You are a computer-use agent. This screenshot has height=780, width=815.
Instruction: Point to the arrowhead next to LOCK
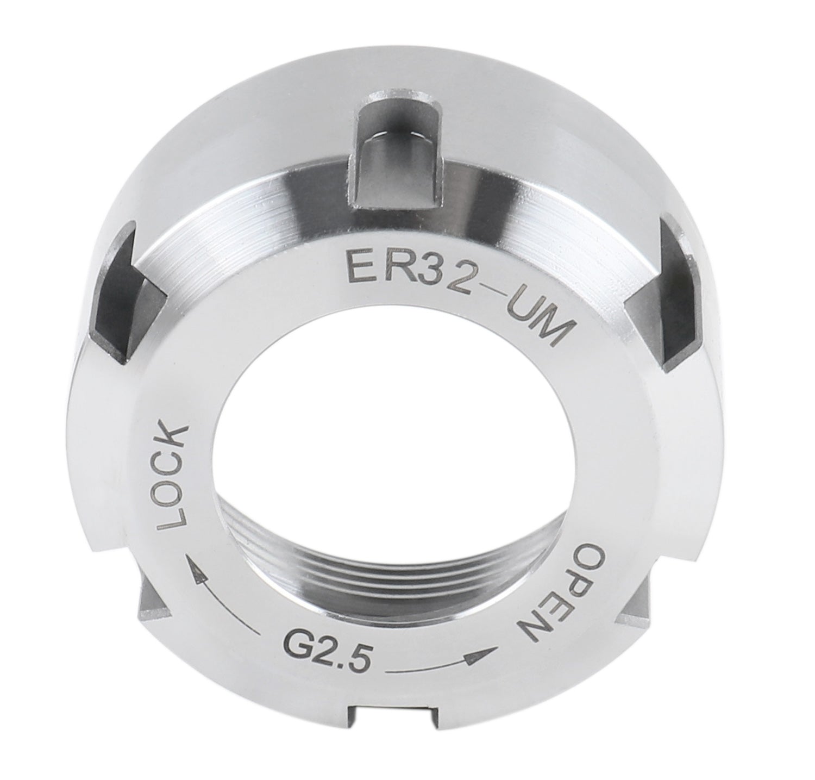193,568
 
